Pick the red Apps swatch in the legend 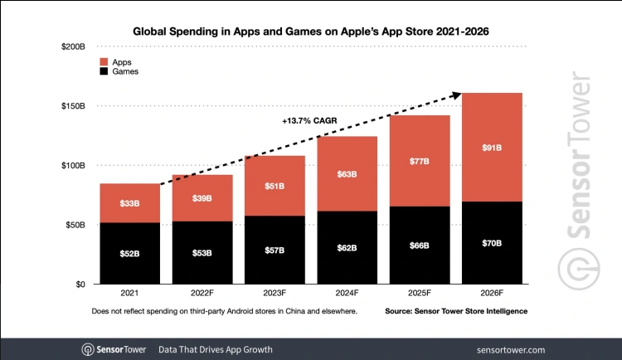point(104,61)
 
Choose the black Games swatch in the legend point(104,72)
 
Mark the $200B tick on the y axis point(74,47)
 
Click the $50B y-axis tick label point(76,225)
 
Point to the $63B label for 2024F point(348,174)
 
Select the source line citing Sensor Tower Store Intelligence point(456,311)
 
